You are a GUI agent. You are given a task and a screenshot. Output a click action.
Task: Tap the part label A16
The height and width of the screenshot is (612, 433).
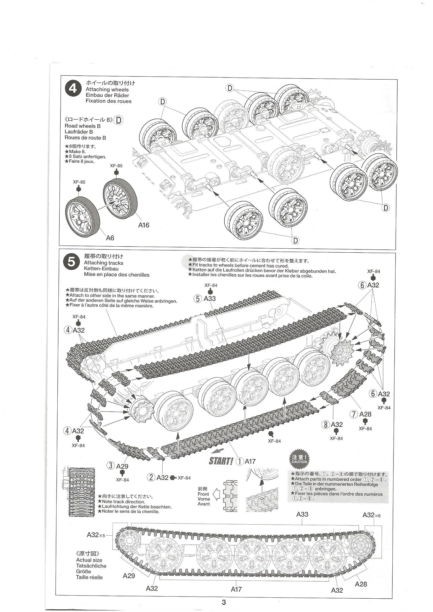(x=143, y=225)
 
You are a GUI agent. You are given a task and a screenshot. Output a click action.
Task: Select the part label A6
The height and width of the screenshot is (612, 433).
(x=110, y=238)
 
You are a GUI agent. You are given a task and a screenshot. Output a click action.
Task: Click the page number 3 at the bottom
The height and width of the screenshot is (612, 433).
(x=224, y=602)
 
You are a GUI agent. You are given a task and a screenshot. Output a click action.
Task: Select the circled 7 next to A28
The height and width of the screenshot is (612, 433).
(x=353, y=414)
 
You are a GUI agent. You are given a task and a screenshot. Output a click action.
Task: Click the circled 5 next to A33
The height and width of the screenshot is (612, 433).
(x=198, y=299)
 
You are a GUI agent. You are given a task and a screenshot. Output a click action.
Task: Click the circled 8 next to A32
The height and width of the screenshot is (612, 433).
(x=326, y=425)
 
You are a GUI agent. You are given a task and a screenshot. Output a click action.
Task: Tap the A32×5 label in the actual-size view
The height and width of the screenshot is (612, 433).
(x=96, y=535)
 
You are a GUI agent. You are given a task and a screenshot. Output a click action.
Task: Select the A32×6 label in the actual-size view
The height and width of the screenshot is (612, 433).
(x=371, y=515)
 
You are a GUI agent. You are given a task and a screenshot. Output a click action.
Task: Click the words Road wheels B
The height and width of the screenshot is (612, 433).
(x=82, y=126)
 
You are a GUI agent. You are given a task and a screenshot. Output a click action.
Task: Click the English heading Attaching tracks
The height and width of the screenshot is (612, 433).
(x=103, y=263)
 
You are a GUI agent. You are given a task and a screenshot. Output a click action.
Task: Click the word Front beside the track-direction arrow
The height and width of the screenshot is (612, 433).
(x=203, y=494)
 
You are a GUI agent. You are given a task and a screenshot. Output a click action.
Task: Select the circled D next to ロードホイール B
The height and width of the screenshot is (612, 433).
(x=119, y=120)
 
